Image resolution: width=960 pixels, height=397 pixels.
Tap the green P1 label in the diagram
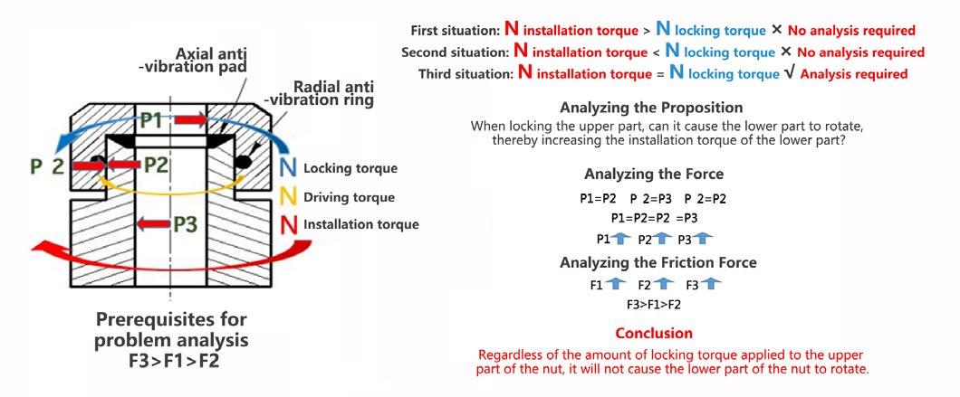point(153,118)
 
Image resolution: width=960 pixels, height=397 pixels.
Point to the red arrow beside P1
point(191,119)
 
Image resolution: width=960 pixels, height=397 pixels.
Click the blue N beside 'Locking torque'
point(287,168)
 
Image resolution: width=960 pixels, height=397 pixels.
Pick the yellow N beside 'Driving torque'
point(287,196)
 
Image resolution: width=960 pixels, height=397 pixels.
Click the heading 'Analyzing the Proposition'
point(651,107)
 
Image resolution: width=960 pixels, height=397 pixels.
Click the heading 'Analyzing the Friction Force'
point(658,262)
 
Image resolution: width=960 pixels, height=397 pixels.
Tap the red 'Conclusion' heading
point(654,333)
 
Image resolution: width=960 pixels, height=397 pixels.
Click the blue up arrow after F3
point(712,284)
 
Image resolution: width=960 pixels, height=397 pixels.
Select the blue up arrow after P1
point(620,239)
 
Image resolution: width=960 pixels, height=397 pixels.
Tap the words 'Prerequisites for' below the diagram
point(171,320)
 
